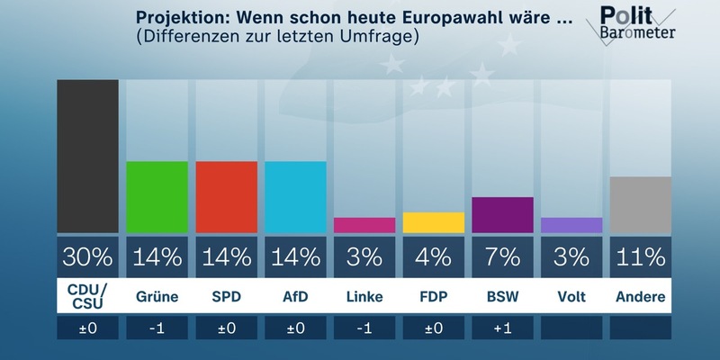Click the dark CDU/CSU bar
click(87, 157)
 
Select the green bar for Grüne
click(157, 197)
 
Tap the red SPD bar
click(226, 197)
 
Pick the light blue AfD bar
click(295, 197)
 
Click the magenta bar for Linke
click(364, 225)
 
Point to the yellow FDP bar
click(434, 222)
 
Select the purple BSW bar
click(502, 215)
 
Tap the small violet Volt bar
click(571, 225)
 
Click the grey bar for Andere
click(641, 204)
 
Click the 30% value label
click(87, 257)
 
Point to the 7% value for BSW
click(502, 257)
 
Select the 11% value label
click(641, 257)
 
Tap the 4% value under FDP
click(434, 257)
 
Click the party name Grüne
click(157, 297)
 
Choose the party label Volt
click(571, 297)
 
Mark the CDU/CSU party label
click(87, 296)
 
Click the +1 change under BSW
click(502, 329)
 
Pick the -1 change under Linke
click(364, 329)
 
